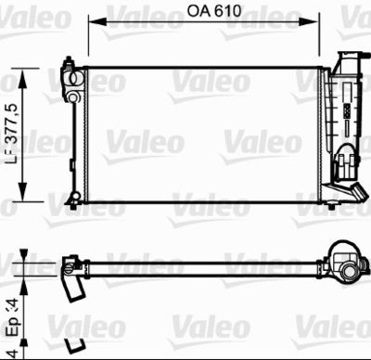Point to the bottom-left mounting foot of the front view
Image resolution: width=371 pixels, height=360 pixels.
[71, 199]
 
